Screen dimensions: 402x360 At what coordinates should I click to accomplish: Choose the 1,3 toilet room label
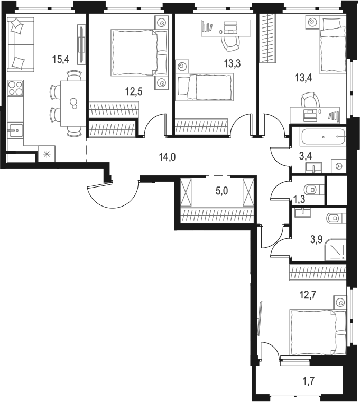coord(299,199)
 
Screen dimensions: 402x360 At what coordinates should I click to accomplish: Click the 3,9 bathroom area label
coord(316,238)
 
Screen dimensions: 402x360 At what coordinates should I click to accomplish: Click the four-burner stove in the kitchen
coord(16,88)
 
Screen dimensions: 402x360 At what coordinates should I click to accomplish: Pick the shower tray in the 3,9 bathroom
coord(335,249)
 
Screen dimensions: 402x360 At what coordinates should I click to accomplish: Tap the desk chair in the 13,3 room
coord(230,42)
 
